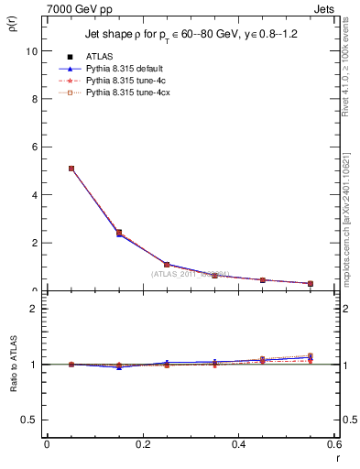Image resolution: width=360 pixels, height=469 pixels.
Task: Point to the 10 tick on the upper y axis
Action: (32, 51)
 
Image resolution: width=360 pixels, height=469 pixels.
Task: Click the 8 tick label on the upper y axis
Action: (34, 99)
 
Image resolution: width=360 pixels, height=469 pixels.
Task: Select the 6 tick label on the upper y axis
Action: (34, 147)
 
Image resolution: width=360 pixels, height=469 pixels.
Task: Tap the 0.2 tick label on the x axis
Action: (143, 444)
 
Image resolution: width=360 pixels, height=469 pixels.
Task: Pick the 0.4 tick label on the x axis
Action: (238, 444)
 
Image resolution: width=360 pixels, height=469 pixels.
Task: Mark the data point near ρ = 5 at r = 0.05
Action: (71, 169)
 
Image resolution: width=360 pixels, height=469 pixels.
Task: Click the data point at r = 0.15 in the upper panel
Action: (119, 233)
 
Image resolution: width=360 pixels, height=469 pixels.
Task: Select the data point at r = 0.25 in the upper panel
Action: (167, 264)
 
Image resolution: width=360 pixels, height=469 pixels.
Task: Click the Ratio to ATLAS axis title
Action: (13, 365)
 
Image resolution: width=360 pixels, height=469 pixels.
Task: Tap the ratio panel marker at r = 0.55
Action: (311, 357)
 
